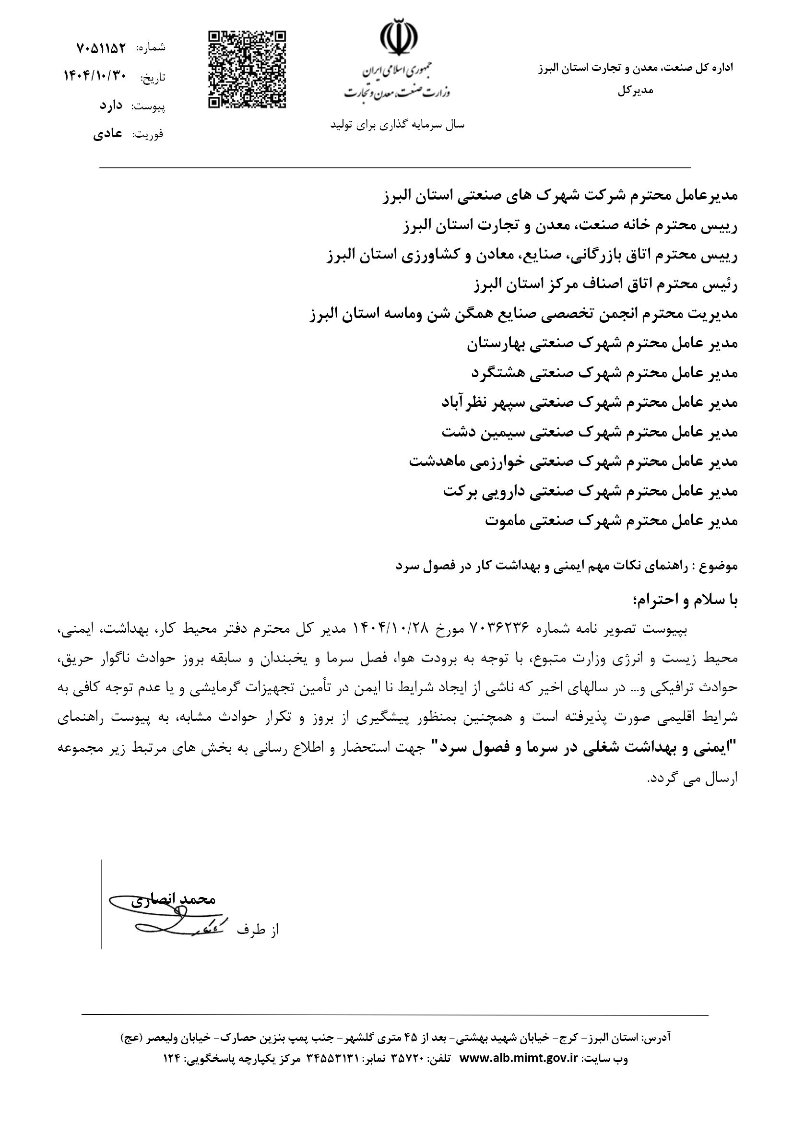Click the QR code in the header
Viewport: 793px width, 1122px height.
pyautogui.click(x=247, y=70)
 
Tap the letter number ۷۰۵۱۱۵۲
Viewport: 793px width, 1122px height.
pyautogui.click(x=102, y=48)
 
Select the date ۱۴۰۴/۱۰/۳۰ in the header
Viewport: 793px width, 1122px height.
pyautogui.click(x=96, y=76)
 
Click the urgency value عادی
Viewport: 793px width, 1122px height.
pyautogui.click(x=108, y=134)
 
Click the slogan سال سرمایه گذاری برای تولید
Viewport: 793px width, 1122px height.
pyautogui.click(x=398, y=125)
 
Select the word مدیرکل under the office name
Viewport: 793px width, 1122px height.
pyautogui.click(x=635, y=91)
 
